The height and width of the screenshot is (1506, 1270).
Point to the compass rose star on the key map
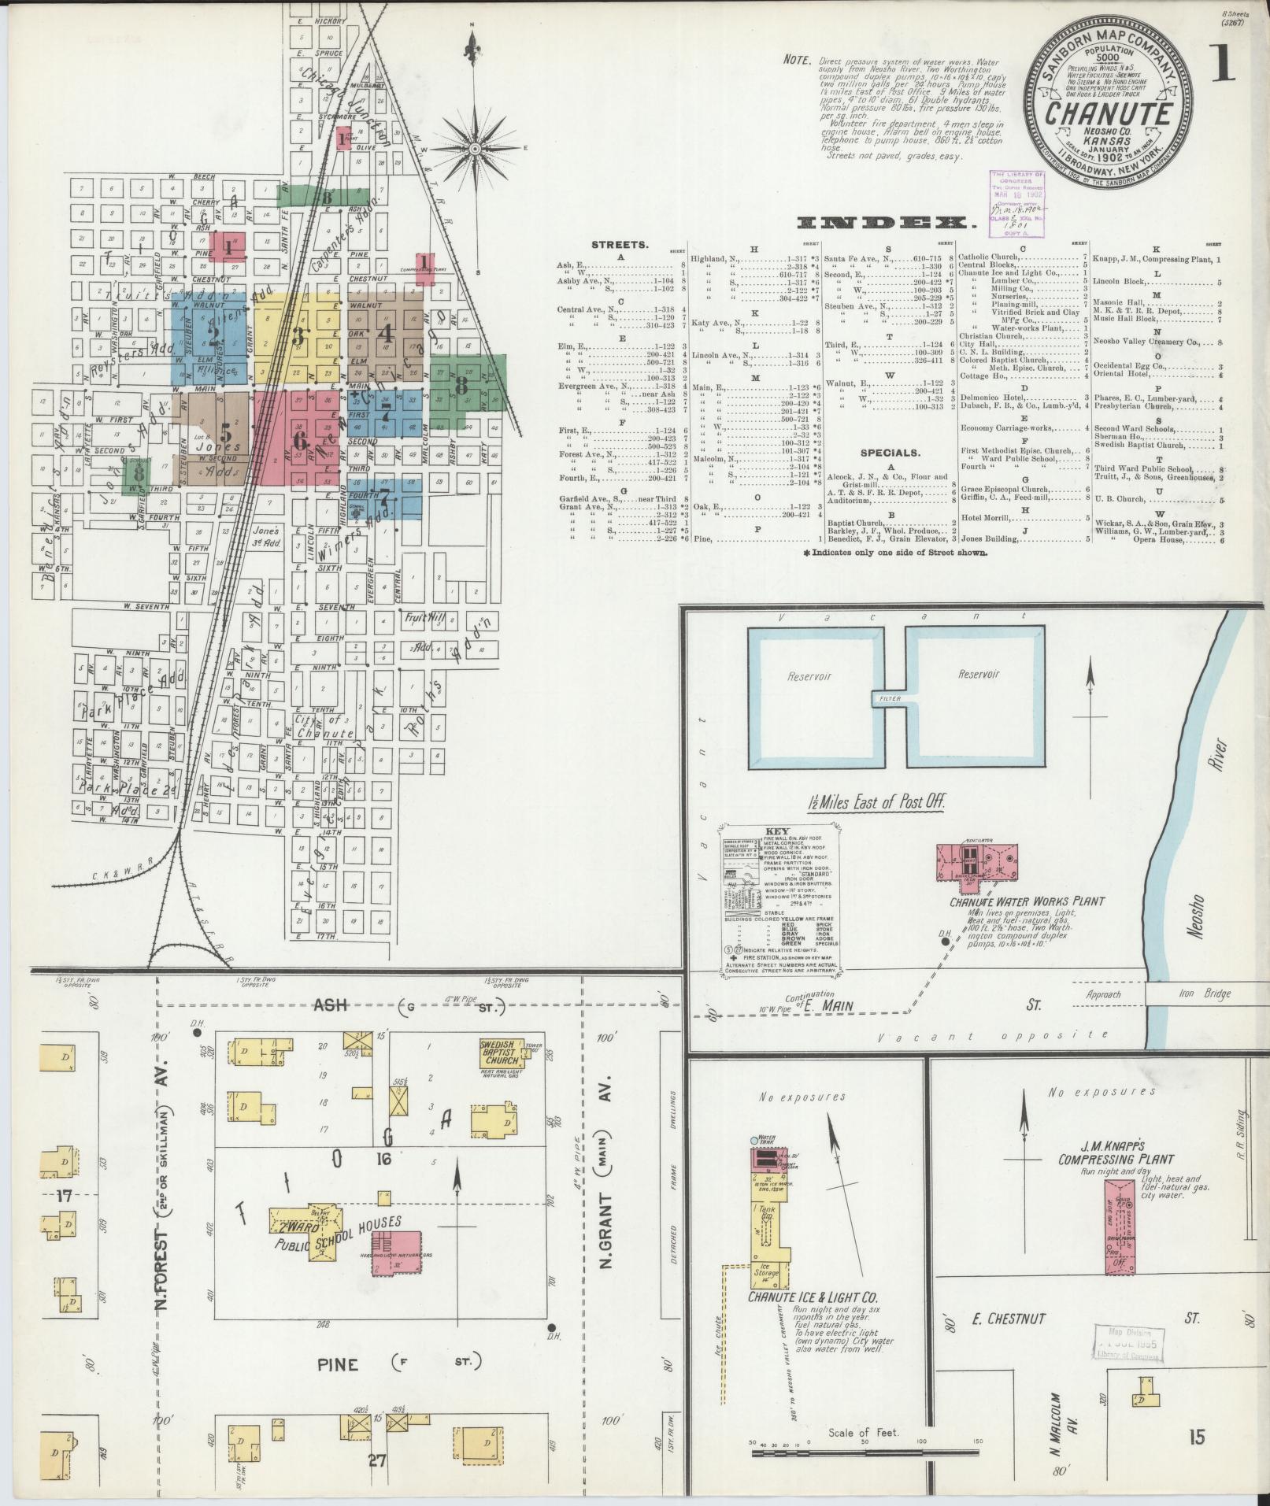tap(476, 148)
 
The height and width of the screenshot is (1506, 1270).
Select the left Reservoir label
tap(809, 676)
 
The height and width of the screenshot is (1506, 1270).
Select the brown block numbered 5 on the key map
tap(226, 432)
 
